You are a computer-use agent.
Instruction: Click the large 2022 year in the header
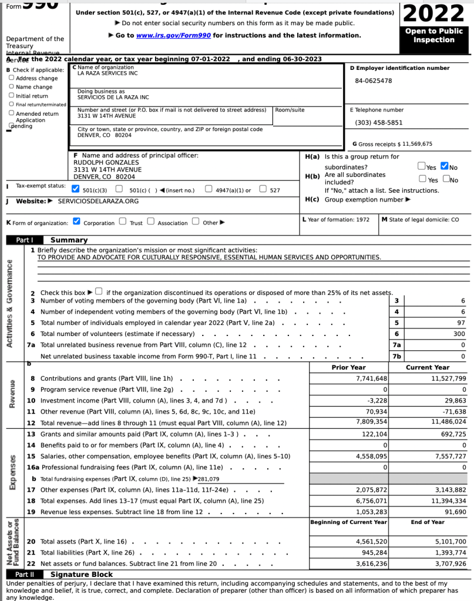(x=435, y=13)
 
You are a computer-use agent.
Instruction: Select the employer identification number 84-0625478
(x=373, y=80)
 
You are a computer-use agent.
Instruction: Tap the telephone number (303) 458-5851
(x=379, y=122)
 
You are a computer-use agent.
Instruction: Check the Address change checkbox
(x=12, y=78)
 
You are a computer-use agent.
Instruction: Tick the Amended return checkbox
(x=12, y=113)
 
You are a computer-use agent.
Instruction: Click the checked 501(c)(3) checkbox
(x=75, y=189)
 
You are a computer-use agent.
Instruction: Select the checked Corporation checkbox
(x=76, y=222)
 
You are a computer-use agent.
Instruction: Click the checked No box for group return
(x=445, y=167)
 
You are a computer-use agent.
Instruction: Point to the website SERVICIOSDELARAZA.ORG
(x=99, y=201)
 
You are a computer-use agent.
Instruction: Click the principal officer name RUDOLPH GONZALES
(x=106, y=162)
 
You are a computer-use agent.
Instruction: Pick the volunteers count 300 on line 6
(x=460, y=334)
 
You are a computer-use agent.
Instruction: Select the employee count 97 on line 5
(x=462, y=323)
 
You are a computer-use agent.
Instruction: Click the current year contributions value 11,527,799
(x=448, y=378)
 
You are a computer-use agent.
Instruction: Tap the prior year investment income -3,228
(x=377, y=400)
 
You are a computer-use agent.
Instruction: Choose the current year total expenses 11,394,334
(x=448, y=501)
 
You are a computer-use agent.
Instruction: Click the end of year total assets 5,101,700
(x=451, y=541)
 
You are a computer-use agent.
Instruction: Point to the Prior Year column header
(x=348, y=367)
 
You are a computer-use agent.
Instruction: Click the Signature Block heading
(x=82, y=574)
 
